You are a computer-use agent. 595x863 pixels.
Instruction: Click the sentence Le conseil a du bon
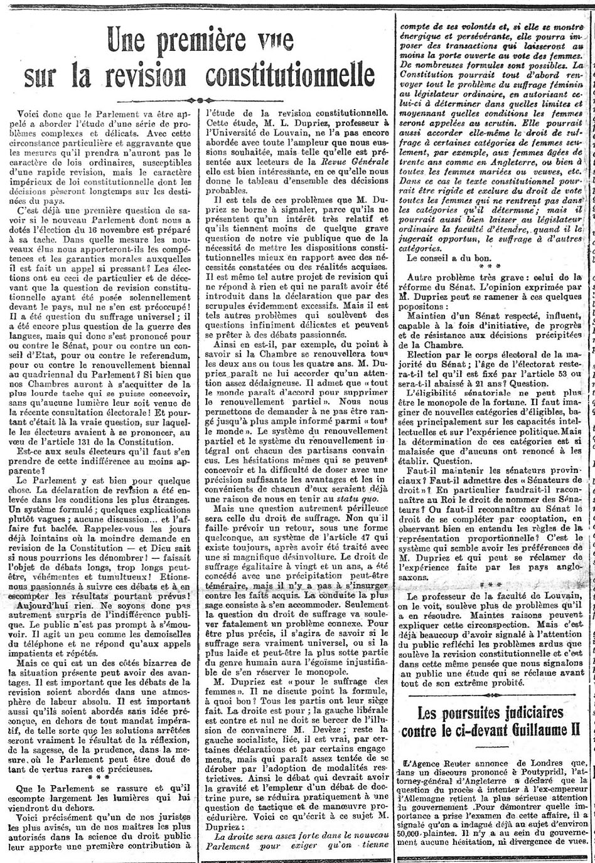click(444, 257)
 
